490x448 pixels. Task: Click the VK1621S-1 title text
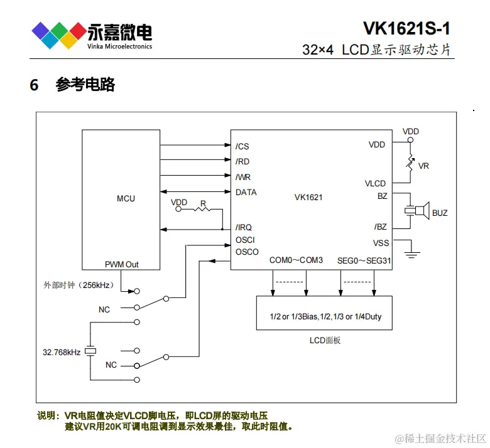coord(406,29)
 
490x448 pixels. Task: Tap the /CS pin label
coord(242,146)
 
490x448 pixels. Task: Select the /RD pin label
coord(242,161)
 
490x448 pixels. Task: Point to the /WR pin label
coord(243,177)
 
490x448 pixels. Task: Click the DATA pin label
coord(246,192)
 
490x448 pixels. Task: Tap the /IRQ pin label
coord(244,227)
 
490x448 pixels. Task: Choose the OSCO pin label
coord(247,252)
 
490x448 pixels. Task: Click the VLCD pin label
coord(375,183)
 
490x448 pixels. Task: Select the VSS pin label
coord(381,243)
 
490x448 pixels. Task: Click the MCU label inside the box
coord(126,198)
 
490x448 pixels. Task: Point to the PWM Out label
coord(122,264)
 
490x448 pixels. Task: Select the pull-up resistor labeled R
coord(203,210)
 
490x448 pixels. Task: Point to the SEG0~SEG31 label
coord(364,260)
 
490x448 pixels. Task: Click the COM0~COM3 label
coord(296,260)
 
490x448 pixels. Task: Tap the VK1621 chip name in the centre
coord(308,197)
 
